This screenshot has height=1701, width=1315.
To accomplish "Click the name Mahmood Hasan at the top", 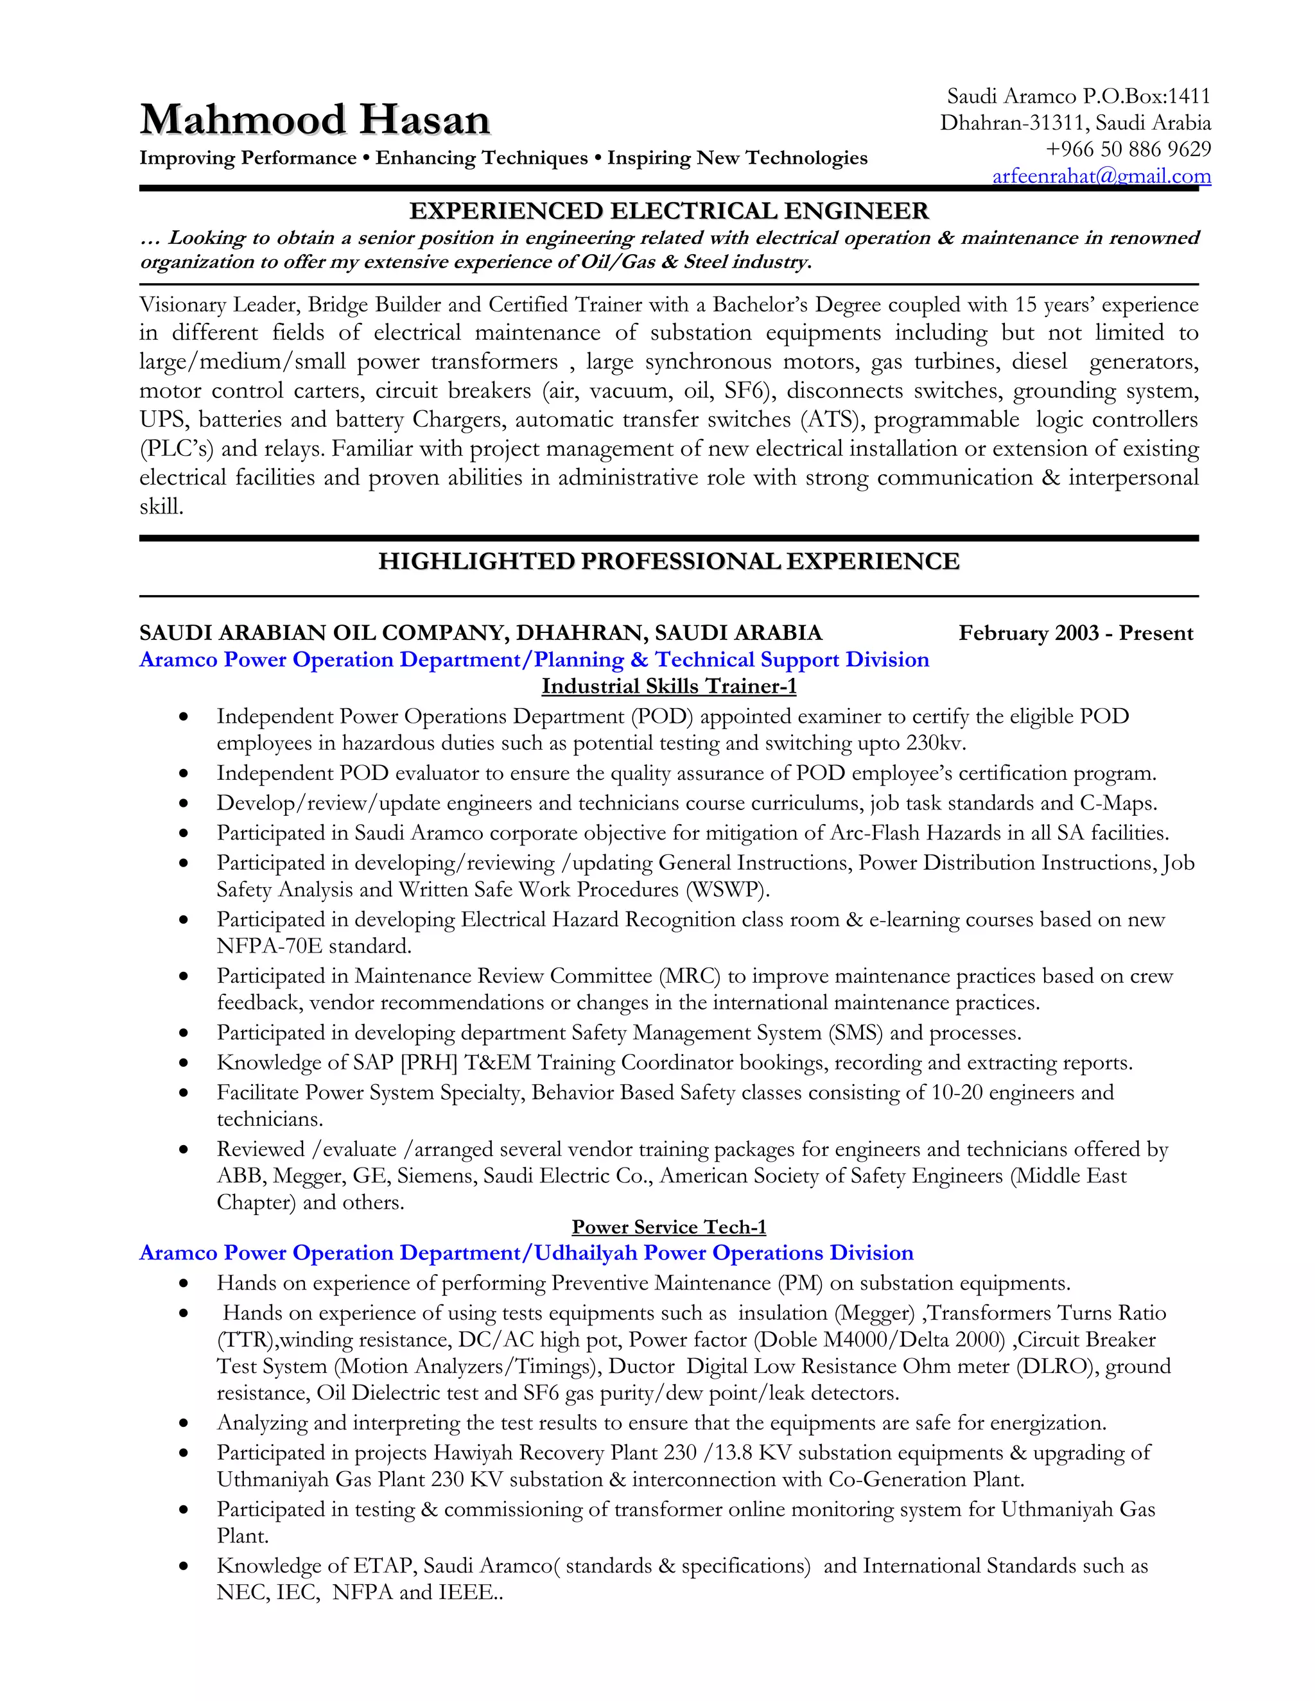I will (315, 120).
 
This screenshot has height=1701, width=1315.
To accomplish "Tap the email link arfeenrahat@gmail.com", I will (1102, 176).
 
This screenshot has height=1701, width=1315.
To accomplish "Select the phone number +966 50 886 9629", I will (1128, 149).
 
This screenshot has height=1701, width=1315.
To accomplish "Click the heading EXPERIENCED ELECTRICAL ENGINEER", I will (669, 211).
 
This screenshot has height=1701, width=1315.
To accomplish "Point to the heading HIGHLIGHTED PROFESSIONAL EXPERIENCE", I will (668, 562).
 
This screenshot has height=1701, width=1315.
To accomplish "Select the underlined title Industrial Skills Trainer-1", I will (669, 686).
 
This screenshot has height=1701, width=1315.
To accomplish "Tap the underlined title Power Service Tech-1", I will (669, 1227).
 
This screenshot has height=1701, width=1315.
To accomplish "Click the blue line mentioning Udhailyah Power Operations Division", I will (526, 1253).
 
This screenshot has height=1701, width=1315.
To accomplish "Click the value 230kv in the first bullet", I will (936, 743).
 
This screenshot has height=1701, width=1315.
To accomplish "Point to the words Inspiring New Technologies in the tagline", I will (737, 158).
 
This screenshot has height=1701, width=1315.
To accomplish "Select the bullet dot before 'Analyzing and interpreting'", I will (184, 1424).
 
